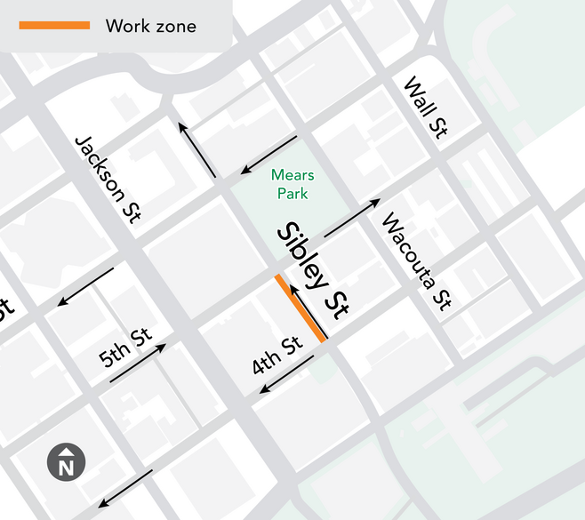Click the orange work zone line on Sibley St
coord(301,308)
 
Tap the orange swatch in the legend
coord(54,25)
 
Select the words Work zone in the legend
coord(150,26)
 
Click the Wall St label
coord(424,108)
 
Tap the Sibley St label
coord(312,271)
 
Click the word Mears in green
coord(292,175)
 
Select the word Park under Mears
coord(292,193)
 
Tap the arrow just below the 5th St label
coord(138,364)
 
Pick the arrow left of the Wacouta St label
coord(353,218)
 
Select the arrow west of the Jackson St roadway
coord(85,286)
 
